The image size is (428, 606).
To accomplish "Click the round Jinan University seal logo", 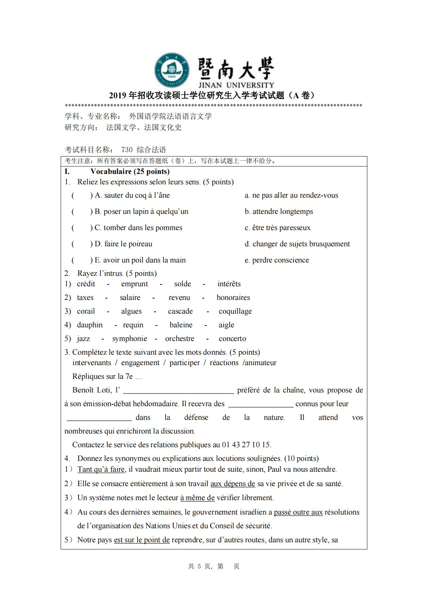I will click(172, 70).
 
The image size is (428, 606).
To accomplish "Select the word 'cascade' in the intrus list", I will click(180, 311).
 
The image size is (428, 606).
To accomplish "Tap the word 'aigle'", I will click(226, 325).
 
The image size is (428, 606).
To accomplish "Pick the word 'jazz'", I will click(84, 338).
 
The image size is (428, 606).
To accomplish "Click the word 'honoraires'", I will click(233, 297).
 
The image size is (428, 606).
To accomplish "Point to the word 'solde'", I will click(183, 284).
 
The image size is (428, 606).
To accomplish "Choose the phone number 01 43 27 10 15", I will click(246, 445).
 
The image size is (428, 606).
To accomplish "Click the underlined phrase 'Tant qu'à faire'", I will click(101, 469).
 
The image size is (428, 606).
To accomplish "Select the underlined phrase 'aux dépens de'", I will click(233, 484).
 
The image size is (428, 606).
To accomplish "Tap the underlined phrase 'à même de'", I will click(197, 498).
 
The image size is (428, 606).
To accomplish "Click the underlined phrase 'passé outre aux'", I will click(298, 512).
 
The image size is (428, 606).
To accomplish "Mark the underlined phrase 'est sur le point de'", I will click(142, 540).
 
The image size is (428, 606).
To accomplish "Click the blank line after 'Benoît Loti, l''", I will click(179, 391).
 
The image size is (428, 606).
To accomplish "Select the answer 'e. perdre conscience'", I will click(276, 260).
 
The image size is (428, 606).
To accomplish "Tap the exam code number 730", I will click(127, 150).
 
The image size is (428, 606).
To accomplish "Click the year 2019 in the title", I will click(118, 95).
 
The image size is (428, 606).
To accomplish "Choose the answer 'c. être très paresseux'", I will click(277, 228).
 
